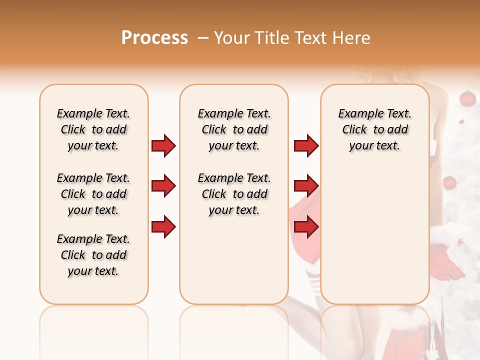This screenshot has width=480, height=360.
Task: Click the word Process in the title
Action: (154, 37)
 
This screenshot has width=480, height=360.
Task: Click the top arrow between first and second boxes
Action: (163, 145)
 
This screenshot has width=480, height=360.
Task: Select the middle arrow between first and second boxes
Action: (163, 186)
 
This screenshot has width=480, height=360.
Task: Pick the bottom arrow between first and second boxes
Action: (163, 226)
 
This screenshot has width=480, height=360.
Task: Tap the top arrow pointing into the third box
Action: (306, 145)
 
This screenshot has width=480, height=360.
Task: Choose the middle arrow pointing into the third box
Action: (306, 186)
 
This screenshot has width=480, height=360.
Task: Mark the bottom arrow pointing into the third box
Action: (306, 226)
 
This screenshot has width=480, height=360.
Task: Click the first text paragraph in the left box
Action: (93, 129)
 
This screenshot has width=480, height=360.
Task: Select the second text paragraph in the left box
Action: (93, 194)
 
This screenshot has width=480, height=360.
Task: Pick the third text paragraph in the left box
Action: (93, 255)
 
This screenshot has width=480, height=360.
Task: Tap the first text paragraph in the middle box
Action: (234, 129)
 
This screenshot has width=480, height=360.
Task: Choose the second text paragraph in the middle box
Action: (234, 194)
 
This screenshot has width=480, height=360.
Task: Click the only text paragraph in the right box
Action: (374, 129)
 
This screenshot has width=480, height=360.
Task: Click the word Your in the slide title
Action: (232, 37)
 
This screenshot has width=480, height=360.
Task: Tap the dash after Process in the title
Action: (202, 37)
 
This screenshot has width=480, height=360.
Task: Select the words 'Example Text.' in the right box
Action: (374, 113)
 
